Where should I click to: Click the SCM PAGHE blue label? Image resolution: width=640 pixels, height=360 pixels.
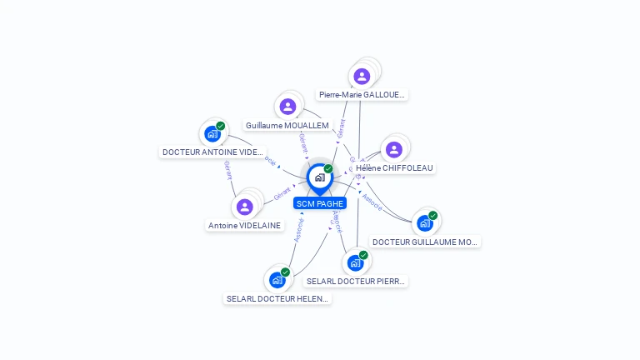coord(320,203)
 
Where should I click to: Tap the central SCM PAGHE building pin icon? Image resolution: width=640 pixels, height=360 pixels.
coord(319,177)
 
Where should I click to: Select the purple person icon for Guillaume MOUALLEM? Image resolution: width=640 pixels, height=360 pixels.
coord(287,106)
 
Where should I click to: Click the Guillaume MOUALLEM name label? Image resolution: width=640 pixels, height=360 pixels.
coord(287,125)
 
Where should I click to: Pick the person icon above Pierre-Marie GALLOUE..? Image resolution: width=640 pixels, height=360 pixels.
coord(362,76)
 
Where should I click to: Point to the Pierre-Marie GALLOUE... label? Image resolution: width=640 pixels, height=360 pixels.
coord(362,95)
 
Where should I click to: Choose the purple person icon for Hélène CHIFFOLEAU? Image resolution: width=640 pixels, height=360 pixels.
coord(394,149)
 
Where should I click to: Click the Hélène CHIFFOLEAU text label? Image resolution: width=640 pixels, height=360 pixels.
coord(395,167)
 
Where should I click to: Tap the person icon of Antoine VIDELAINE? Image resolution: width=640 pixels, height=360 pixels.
coord(244,207)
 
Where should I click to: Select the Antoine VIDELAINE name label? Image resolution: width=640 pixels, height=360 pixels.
coord(245,225)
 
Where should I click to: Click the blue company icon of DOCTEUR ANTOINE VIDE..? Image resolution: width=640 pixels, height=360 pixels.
coord(212,133)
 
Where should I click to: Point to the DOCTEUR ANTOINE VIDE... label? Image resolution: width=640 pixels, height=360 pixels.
coord(212,152)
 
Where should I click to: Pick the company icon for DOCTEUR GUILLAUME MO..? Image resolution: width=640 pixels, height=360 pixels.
coord(425,222)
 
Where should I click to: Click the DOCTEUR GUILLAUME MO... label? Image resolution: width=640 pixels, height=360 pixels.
coord(425,242)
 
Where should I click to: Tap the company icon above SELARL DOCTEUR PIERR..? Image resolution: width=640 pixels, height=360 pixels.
coord(356,262)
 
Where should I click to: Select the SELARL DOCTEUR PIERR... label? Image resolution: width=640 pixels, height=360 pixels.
coord(356,282)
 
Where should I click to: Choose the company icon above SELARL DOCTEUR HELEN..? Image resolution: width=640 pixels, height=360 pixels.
coord(277,280)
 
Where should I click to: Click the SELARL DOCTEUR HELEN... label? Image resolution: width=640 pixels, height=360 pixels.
coord(277,298)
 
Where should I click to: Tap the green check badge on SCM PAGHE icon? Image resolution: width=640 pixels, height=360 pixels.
coord(328,169)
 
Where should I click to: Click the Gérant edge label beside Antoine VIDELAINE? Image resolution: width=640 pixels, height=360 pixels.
coord(282,194)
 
